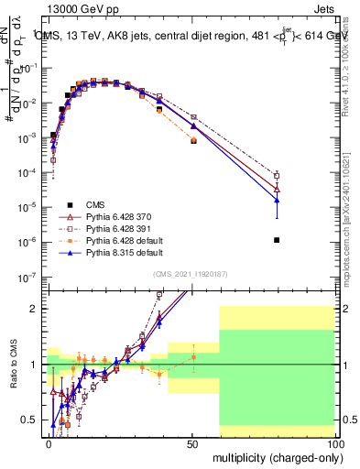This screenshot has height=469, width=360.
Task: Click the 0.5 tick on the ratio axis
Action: (x=32, y=420)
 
